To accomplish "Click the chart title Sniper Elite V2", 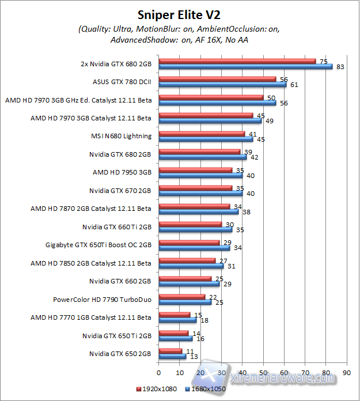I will pyautogui.click(x=179, y=13).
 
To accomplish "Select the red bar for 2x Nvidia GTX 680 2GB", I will pyautogui.click(x=237, y=61).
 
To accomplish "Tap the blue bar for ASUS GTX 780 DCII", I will pyautogui.click(x=222, y=85).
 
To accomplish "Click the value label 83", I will pyautogui.click(x=340, y=67).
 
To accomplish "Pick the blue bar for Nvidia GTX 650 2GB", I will pyautogui.click(x=172, y=357).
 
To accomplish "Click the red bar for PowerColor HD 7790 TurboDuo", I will pyautogui.click(x=181, y=297).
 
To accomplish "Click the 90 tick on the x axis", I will pyautogui.click(x=346, y=372).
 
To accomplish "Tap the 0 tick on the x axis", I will pyautogui.click(x=158, y=372).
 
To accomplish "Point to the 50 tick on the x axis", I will pyautogui.click(x=263, y=372).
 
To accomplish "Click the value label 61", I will pyautogui.click(x=294, y=85).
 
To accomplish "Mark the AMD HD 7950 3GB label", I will pyautogui.click(x=122, y=172).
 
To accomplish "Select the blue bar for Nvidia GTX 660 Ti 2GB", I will pyautogui.click(x=195, y=230).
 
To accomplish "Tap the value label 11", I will pyautogui.click(x=190, y=350).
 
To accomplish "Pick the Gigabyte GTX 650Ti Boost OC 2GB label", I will pyautogui.click(x=98, y=244).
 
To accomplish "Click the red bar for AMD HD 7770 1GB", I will pyautogui.click(x=175, y=315).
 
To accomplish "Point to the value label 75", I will pyautogui.click(x=323, y=61).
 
